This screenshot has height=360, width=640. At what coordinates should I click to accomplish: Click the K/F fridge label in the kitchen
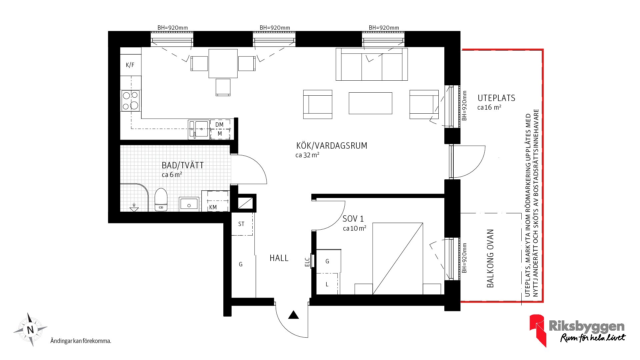[x=130, y=65]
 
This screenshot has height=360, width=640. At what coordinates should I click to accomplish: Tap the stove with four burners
[x=131, y=101]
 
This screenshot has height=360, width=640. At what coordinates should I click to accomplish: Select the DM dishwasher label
[x=219, y=125]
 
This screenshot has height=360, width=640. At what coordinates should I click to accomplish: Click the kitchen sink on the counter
[x=199, y=129]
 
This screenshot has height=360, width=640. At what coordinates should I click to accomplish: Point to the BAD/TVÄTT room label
[x=183, y=165]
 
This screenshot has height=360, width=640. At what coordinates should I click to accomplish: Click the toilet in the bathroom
[x=161, y=200]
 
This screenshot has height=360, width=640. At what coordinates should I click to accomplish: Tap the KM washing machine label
[x=213, y=207]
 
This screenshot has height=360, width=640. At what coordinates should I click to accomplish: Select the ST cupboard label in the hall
[x=241, y=224]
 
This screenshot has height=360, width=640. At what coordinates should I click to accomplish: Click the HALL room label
[x=279, y=258]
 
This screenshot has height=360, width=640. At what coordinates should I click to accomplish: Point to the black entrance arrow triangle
[x=293, y=315]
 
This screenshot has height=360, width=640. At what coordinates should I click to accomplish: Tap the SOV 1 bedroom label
[x=353, y=219]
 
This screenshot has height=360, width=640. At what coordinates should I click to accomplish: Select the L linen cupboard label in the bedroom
[x=327, y=284]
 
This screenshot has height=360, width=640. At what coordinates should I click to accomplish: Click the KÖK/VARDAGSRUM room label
[x=332, y=146]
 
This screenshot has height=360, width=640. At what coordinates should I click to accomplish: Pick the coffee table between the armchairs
[x=370, y=103]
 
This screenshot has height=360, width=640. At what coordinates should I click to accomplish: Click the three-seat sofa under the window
[x=372, y=64]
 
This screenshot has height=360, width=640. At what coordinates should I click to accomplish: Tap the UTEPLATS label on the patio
[x=496, y=98]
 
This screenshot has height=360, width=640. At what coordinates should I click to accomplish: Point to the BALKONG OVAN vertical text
[x=490, y=258]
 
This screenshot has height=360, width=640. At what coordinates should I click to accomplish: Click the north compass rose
[x=30, y=330]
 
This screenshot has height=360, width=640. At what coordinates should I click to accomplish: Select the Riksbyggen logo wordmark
[x=587, y=326]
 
